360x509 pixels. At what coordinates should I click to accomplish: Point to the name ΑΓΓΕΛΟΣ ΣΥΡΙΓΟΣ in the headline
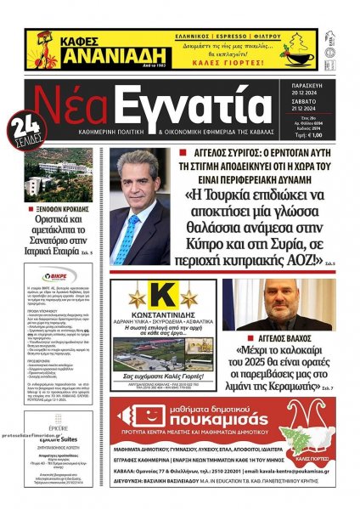coord(216,150)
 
